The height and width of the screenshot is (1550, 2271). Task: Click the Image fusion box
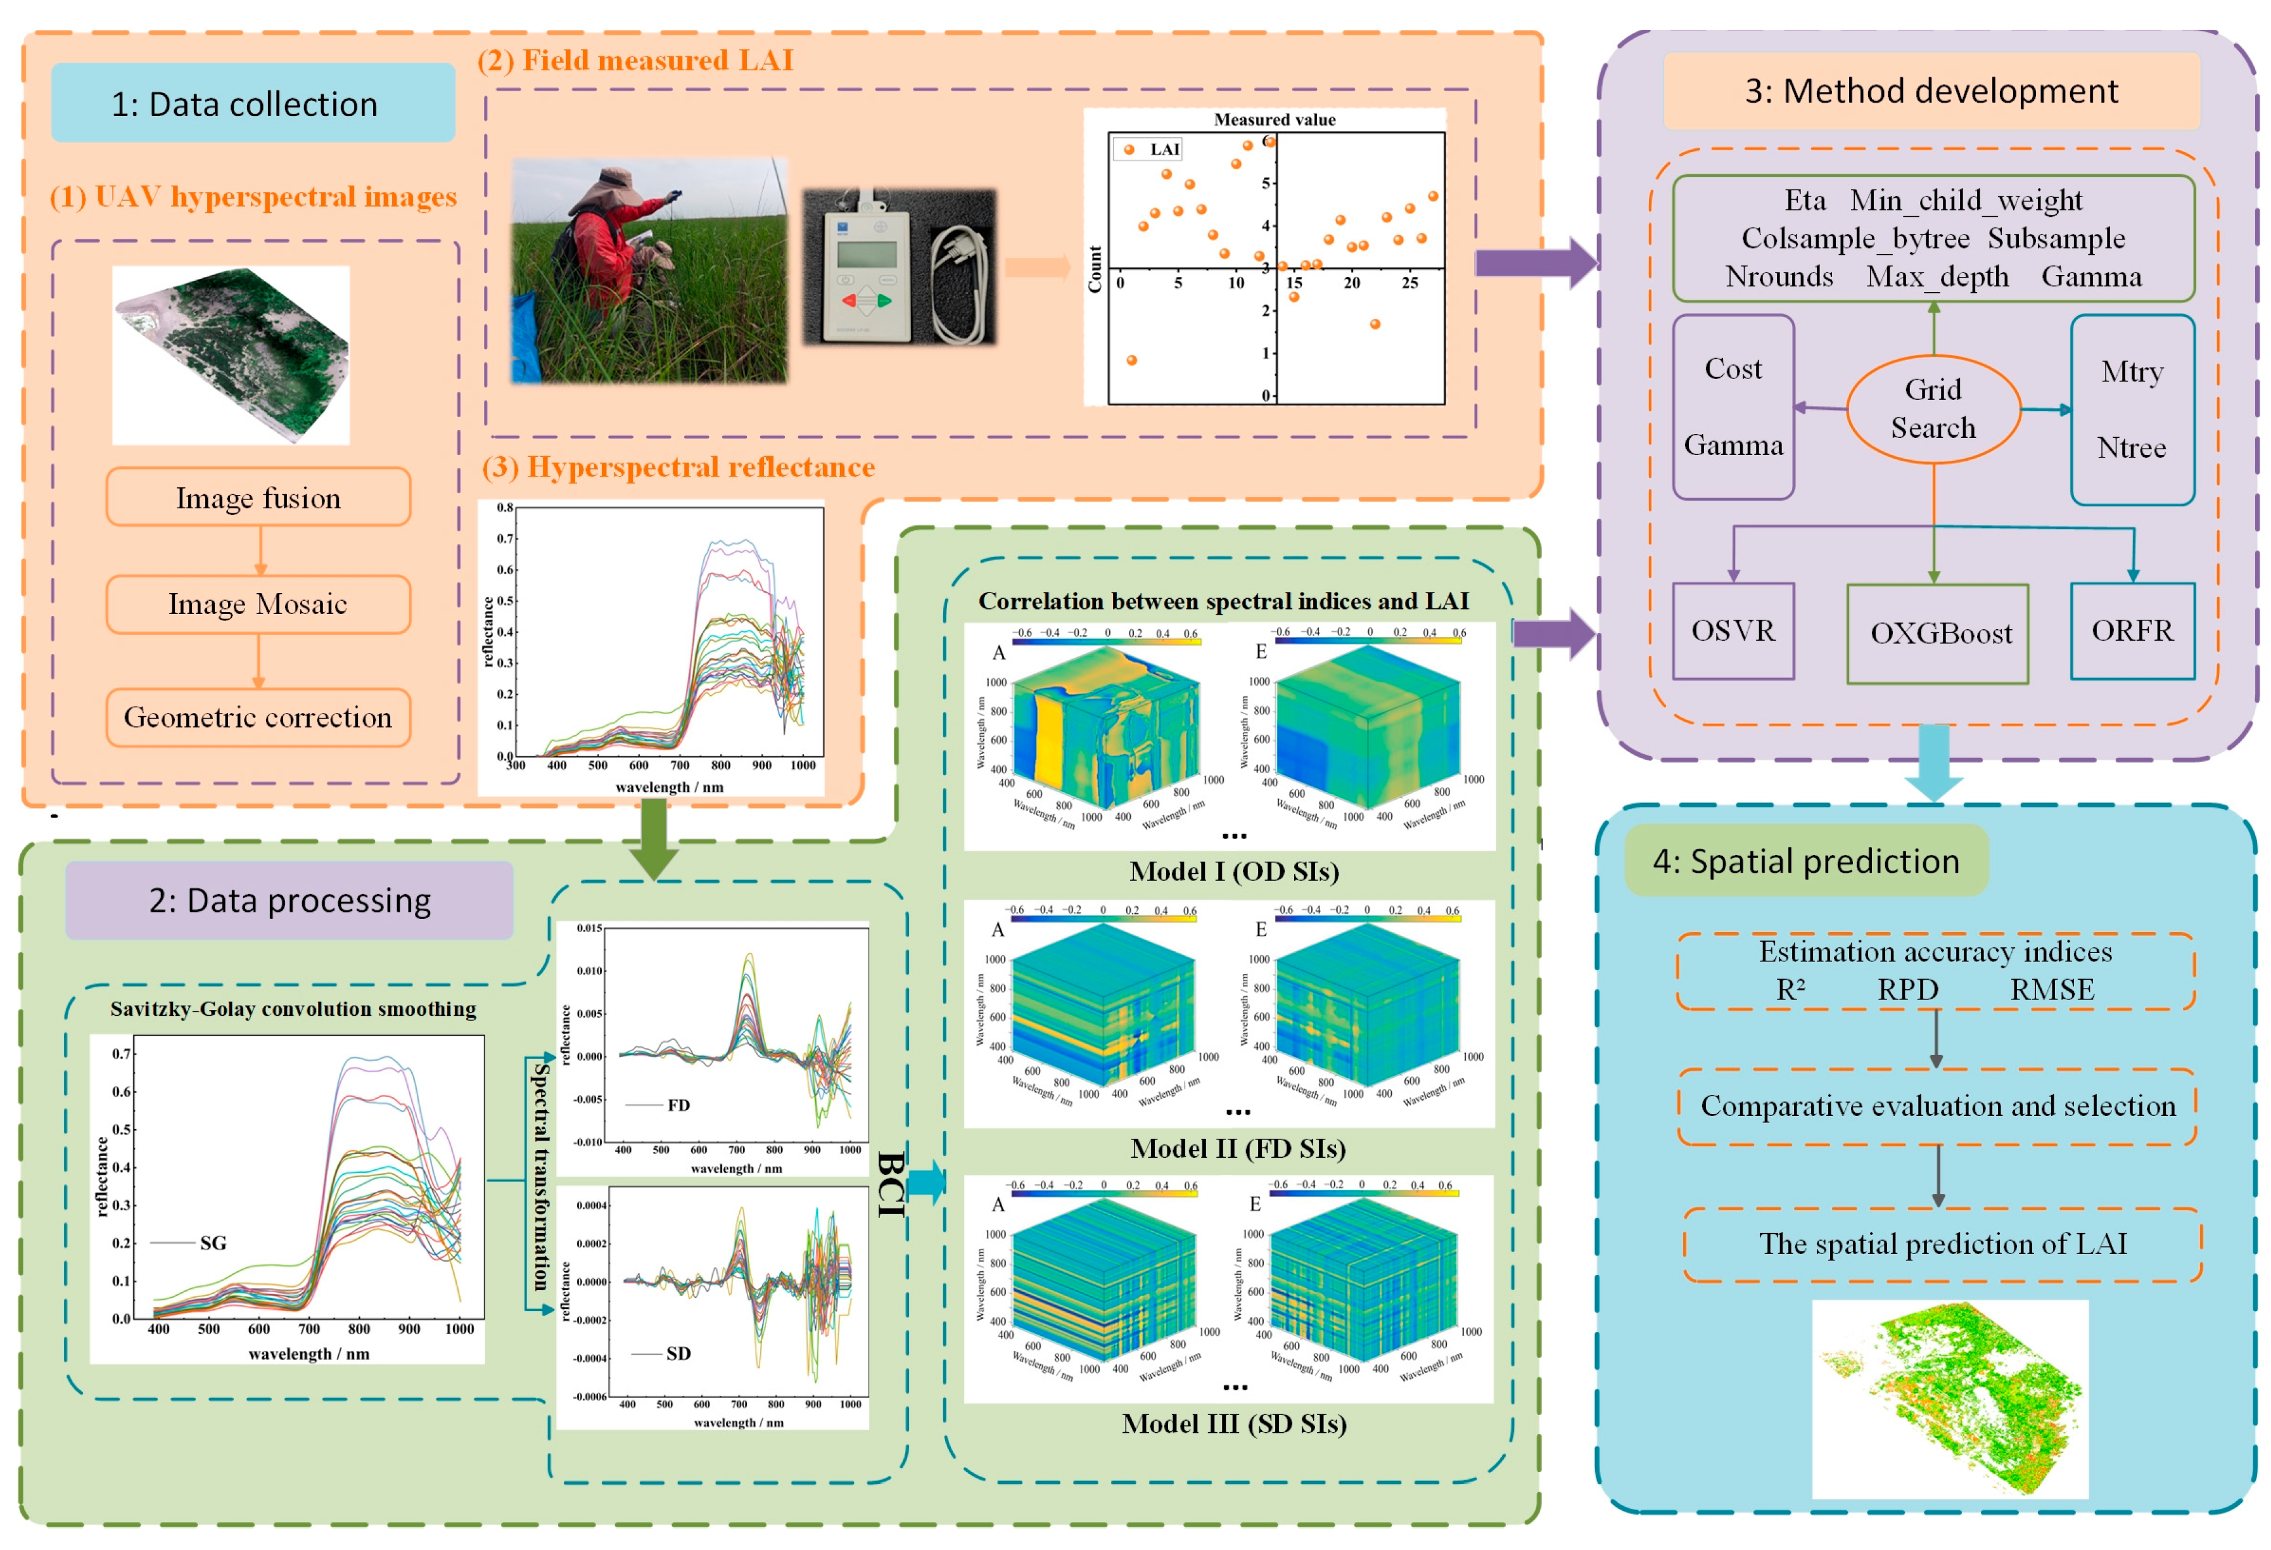pos(258,497)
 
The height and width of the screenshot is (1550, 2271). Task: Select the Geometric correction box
pos(258,717)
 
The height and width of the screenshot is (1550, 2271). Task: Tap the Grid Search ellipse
pos(1932,409)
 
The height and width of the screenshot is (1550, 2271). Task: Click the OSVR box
pos(1733,631)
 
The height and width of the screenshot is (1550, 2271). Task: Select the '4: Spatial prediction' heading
pos(1806,861)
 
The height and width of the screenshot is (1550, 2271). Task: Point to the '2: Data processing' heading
pos(289,900)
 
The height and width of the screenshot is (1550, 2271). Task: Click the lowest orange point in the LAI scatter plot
pos(1131,360)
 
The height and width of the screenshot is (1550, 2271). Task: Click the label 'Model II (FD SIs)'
pos(1237,1148)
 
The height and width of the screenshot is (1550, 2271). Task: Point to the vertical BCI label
pos(889,1184)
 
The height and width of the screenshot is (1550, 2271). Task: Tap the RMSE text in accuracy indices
pos(2051,990)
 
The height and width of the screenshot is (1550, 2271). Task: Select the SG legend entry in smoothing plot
pos(212,1243)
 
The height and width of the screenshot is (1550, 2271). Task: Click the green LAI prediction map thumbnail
pos(1949,1397)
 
